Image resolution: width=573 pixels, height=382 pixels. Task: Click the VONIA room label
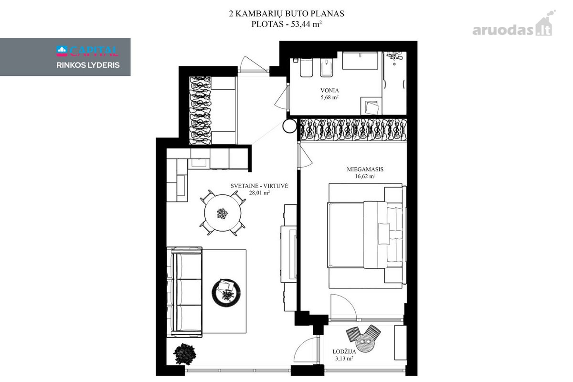click(329, 90)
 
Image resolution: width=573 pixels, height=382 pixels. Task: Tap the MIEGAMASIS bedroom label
click(365, 169)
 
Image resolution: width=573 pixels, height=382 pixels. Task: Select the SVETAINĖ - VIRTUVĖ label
click(259, 186)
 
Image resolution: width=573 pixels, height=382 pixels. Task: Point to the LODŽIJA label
click(344, 351)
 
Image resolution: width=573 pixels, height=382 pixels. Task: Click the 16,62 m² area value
click(365, 176)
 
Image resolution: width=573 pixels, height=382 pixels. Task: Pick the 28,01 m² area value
click(259, 192)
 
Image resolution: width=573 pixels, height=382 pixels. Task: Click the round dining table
click(223, 212)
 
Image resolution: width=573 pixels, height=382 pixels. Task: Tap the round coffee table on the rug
click(226, 292)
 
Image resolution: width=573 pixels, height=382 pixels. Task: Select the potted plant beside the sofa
click(185, 354)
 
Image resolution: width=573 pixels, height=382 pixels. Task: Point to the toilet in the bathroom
click(307, 67)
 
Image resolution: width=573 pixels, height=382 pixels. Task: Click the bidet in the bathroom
click(327, 67)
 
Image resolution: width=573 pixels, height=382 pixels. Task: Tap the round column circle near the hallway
click(289, 126)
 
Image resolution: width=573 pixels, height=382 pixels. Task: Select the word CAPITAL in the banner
click(94, 52)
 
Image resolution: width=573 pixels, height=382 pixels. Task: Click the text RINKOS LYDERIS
click(88, 65)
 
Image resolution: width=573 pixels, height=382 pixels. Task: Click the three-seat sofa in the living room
click(184, 292)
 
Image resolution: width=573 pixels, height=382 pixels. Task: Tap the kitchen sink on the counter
click(199, 163)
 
